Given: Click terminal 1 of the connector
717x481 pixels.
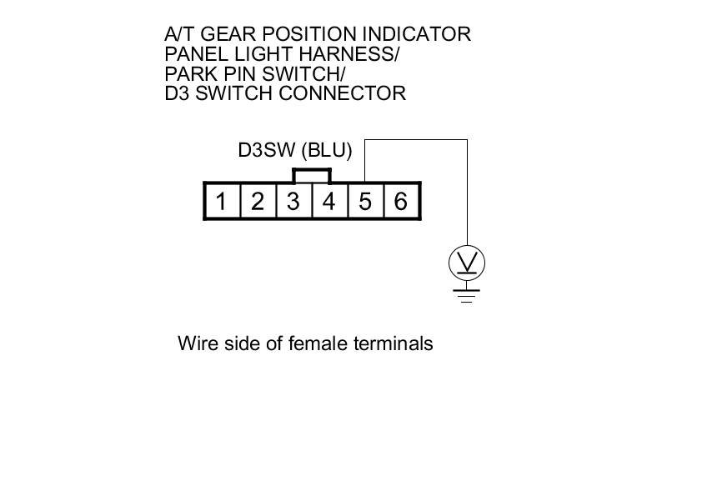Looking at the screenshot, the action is [222, 201].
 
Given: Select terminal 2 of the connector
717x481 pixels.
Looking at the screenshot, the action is [258, 201].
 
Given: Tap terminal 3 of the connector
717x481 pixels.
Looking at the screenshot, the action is [293, 201].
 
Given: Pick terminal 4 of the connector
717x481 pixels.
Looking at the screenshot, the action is [329, 201].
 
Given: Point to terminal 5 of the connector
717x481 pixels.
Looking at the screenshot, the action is [365, 201].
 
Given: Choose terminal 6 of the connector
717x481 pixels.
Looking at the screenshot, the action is [401, 201].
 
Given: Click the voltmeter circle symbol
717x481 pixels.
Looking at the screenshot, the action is [467, 263].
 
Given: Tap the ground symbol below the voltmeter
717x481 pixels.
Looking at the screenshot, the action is [467, 293].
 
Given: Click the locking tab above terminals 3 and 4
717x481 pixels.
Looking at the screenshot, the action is [312, 175].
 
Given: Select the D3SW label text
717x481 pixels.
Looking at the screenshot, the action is [267, 151].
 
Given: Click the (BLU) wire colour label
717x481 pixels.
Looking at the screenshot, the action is [328, 151].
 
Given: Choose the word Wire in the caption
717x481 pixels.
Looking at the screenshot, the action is [197, 343].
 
